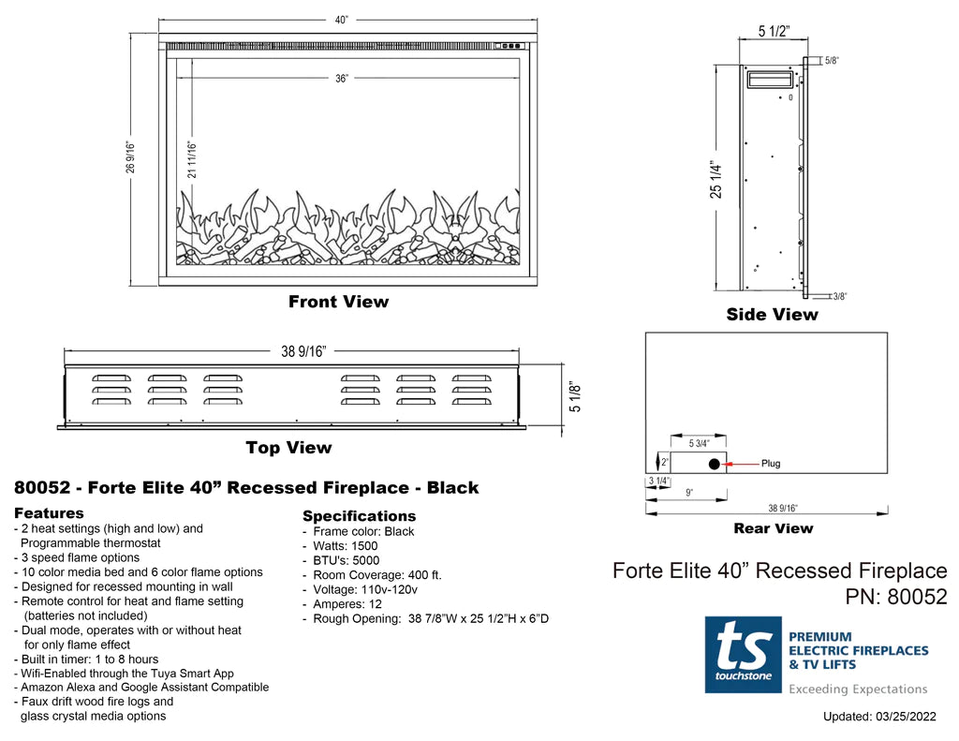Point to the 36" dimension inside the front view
coord(341,79)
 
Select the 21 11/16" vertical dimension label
coord(192,159)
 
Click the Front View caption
coord(338,302)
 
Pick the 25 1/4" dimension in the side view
coord(716,179)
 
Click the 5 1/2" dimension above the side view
coord(774,33)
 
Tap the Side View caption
coord(772,315)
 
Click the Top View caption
coord(288,448)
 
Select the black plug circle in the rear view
coord(714,464)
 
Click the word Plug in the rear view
coord(770,464)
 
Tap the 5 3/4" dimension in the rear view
coord(698,443)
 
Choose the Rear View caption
coord(773,528)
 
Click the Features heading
coord(49,513)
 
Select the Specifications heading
coord(359,516)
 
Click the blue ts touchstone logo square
coord(743,654)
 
